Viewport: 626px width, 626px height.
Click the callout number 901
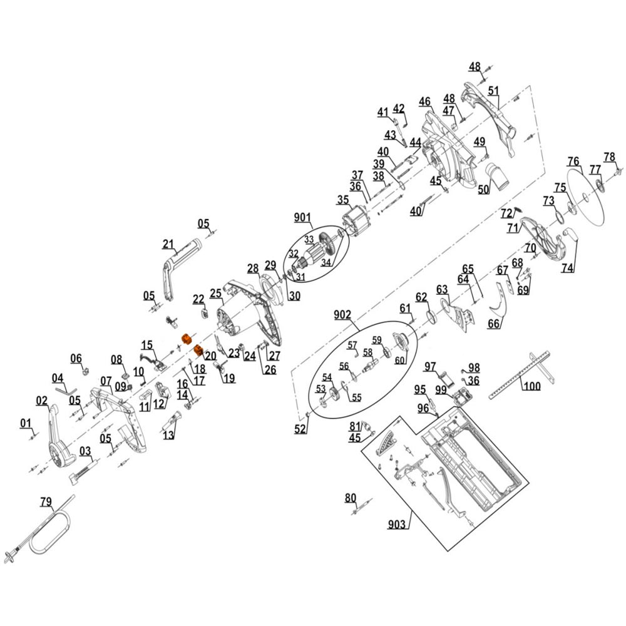[302, 217]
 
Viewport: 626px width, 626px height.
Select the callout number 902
[342, 314]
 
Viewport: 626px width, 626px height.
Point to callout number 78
[609, 156]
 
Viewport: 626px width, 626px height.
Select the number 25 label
[216, 293]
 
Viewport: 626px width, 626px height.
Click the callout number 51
[494, 91]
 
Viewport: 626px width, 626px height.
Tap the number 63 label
[443, 289]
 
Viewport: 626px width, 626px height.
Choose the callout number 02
[42, 400]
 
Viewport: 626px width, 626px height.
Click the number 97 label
[430, 366]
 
